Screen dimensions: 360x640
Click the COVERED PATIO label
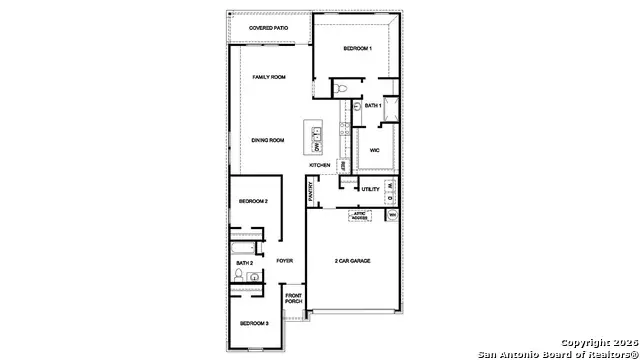pos(269,28)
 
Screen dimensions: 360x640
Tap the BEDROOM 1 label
pos(358,48)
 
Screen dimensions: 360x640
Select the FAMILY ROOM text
pos(269,77)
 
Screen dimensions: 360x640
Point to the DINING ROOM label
pos(268,140)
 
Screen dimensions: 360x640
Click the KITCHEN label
pos(319,165)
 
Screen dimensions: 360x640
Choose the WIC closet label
pos(374,150)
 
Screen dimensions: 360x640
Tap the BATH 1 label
pos(373,105)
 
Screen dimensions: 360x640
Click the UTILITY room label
pos(370,189)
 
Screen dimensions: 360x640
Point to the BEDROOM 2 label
pos(253,202)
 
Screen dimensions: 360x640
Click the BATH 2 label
pos(245,262)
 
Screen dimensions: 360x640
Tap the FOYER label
pos(285,261)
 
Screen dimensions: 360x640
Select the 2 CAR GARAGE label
pos(352,261)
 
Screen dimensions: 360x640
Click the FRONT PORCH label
pos(294,298)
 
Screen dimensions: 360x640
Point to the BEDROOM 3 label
pos(253,324)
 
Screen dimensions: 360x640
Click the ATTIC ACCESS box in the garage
pos(359,215)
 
